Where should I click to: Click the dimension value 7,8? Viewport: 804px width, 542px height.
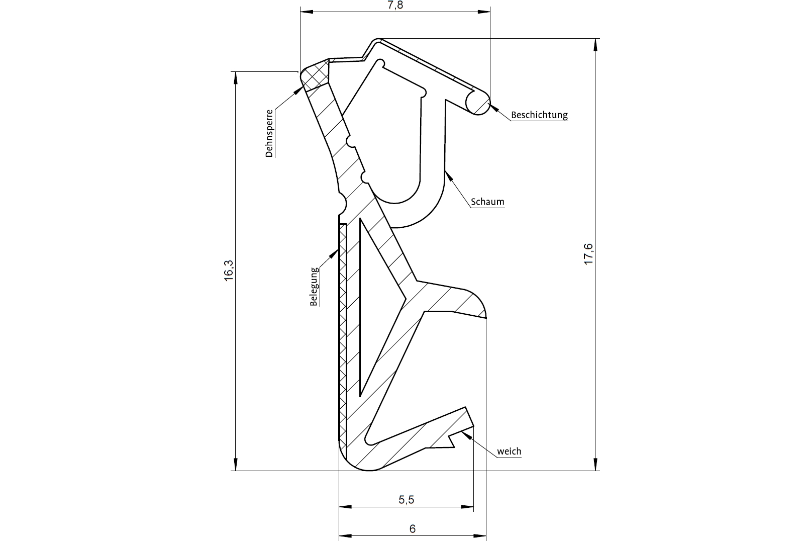pyautogui.click(x=395, y=6)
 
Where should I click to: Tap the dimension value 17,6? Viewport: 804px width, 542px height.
pyautogui.click(x=589, y=254)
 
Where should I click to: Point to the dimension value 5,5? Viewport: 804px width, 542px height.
pyautogui.click(x=406, y=500)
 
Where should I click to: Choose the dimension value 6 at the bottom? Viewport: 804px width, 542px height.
pyautogui.click(x=413, y=529)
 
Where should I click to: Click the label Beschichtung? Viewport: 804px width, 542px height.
pyautogui.click(x=539, y=115)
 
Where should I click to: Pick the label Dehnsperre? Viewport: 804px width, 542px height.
pyautogui.click(x=269, y=134)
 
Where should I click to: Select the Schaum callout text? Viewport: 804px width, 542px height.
pyautogui.click(x=487, y=202)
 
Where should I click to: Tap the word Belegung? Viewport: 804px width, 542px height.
pyautogui.click(x=314, y=287)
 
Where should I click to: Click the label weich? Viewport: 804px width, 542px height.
pyautogui.click(x=509, y=451)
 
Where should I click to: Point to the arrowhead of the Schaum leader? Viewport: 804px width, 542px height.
pyautogui.click(x=449, y=175)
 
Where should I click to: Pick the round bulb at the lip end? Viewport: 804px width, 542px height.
pyautogui.click(x=477, y=103)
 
